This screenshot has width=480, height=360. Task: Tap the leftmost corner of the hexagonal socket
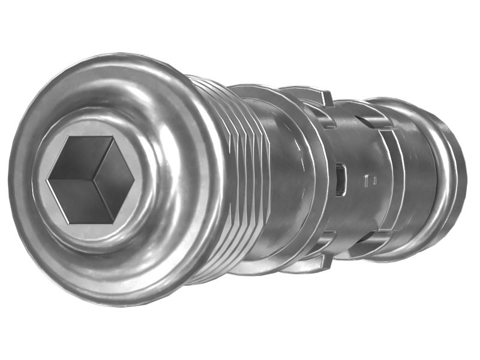click(48, 179)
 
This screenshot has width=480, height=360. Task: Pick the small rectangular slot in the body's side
click(340, 180)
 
